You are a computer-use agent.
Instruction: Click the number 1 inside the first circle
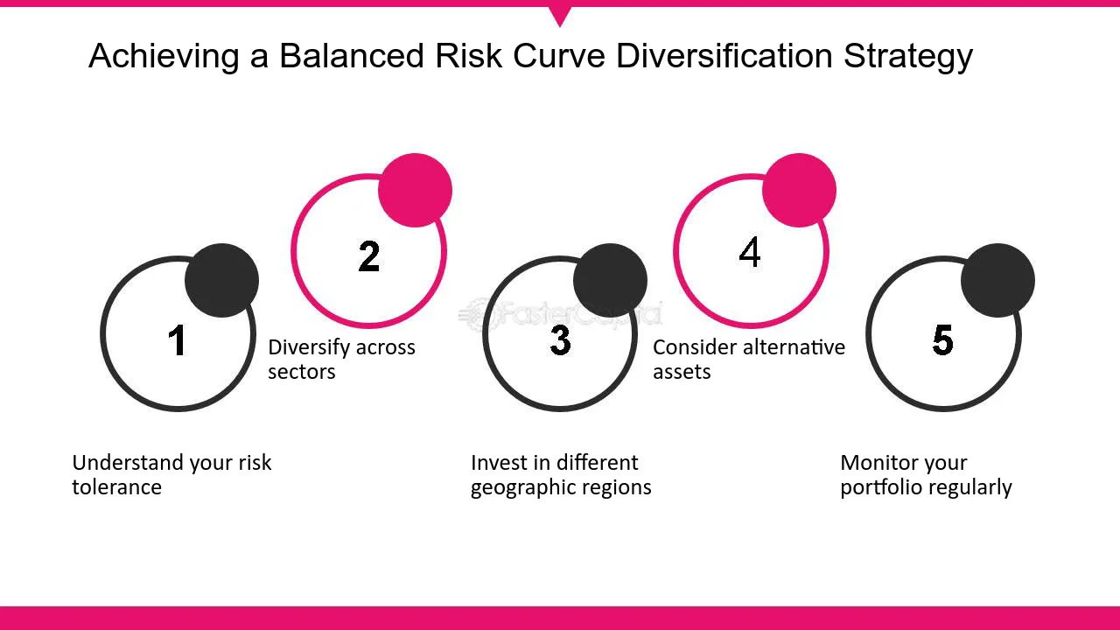(x=178, y=340)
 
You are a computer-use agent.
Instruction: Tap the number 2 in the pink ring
(x=368, y=256)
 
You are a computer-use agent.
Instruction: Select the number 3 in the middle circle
(x=560, y=340)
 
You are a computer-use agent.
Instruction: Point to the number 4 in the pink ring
(x=750, y=253)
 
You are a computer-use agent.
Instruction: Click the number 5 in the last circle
(x=942, y=340)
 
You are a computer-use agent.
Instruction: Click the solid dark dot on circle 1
(x=222, y=280)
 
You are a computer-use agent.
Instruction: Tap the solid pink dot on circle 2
(x=415, y=191)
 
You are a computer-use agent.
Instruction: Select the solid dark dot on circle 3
(x=610, y=280)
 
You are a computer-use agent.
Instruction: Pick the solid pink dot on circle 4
(x=799, y=191)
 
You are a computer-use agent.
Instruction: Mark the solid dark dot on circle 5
(x=997, y=280)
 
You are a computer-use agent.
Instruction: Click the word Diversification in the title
(x=724, y=56)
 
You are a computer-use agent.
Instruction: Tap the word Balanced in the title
(x=353, y=56)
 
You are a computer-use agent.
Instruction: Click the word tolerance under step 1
(x=116, y=487)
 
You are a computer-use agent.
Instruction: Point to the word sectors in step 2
(x=301, y=372)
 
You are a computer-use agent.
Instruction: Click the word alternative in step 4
(x=793, y=347)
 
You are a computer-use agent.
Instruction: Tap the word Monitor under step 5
(x=878, y=463)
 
